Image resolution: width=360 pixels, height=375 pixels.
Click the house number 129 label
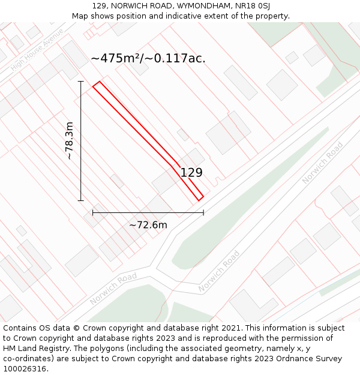pos(191,173)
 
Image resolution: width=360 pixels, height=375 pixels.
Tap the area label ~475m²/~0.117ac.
pos(148,58)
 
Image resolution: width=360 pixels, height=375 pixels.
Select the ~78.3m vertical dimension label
pos(70,140)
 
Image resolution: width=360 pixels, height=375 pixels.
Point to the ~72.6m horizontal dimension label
pos(148,225)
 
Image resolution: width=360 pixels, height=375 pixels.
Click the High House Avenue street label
pos(37,58)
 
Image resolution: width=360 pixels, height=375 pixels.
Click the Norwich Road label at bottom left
pos(113,288)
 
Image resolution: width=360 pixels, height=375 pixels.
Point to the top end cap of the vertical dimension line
pos(81,81)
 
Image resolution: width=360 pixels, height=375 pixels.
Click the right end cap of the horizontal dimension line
pos(203,212)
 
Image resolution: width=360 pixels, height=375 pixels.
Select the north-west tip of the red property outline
pos(94,86)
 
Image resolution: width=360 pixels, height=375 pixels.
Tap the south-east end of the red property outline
pos(200,198)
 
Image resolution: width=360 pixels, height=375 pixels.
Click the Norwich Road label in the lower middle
pos(219,271)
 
